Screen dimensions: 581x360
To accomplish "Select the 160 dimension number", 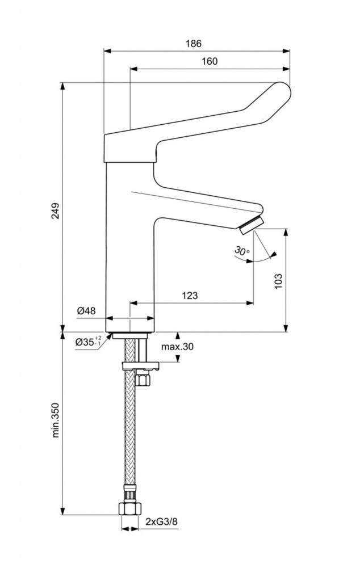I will [210, 62].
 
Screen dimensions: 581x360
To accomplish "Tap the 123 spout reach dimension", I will [190, 296].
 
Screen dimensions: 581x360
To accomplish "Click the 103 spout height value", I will [278, 280].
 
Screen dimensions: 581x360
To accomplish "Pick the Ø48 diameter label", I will [86, 310].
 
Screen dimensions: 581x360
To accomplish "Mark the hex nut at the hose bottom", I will [129, 507].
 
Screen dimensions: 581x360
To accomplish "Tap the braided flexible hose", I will [130, 437].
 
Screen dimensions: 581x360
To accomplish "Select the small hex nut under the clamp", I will [144, 378].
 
